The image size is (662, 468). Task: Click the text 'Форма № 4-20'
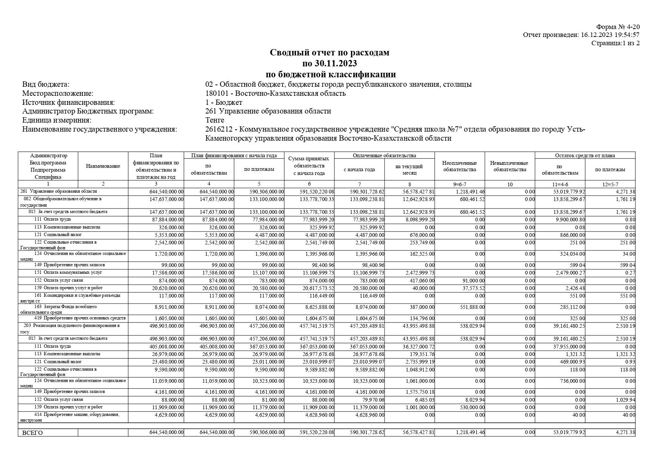point(618,27)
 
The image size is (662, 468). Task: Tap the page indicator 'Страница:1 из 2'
point(615,43)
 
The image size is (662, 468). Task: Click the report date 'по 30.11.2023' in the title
point(329,63)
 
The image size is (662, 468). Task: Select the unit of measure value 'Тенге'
point(215,120)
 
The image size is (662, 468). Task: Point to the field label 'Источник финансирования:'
point(68,102)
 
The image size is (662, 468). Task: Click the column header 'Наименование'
point(103,166)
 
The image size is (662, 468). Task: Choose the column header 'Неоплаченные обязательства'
point(459,166)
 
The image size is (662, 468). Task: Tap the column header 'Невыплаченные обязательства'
point(510,166)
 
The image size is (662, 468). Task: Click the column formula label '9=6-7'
point(459,184)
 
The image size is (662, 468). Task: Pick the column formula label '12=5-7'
point(610,184)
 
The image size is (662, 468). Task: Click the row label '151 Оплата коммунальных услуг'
point(68,272)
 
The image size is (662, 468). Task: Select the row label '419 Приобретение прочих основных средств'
point(80,318)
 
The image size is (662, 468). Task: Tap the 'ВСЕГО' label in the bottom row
point(32,433)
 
